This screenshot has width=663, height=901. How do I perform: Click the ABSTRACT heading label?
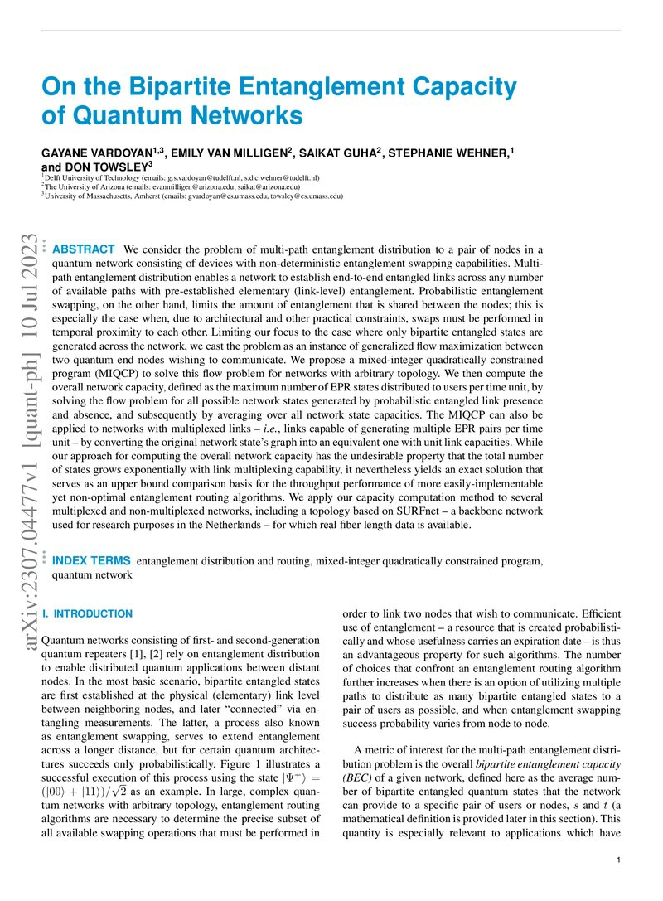(84, 249)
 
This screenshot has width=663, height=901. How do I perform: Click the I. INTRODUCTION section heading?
(86, 613)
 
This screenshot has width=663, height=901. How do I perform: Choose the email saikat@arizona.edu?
(289, 186)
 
